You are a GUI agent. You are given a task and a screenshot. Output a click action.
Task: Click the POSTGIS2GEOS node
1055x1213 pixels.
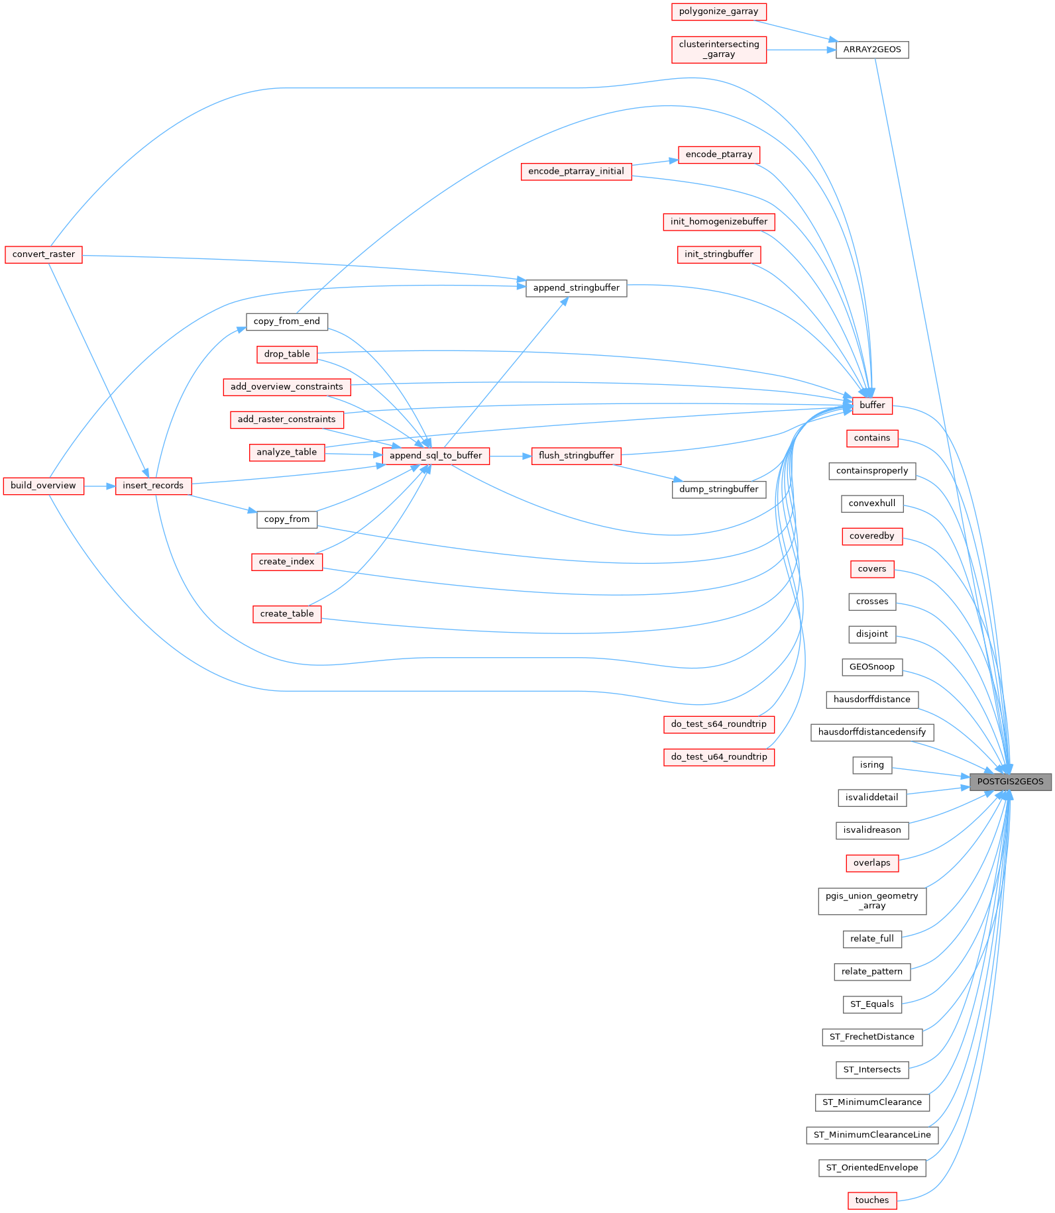[x=1011, y=782]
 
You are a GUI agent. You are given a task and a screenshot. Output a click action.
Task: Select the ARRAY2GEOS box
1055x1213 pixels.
[x=872, y=50]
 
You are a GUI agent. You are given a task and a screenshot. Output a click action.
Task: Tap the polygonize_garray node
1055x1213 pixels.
[x=719, y=11]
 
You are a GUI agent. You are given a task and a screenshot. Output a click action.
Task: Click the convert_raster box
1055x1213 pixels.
[x=44, y=254]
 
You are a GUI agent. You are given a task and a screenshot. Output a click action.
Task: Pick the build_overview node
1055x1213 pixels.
[x=44, y=486]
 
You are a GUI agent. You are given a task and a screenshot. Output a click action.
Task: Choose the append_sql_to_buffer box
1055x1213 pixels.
[x=436, y=456]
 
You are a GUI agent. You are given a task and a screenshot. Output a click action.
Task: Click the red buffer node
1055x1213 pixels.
[x=872, y=405]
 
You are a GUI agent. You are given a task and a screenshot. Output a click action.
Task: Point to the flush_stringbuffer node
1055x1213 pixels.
[x=577, y=456]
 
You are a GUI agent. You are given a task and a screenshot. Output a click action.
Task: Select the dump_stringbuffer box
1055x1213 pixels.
[x=719, y=490]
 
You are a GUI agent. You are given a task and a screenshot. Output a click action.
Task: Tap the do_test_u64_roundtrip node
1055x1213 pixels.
[x=719, y=757]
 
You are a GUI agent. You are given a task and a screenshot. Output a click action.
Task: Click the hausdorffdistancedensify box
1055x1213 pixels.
[x=872, y=733]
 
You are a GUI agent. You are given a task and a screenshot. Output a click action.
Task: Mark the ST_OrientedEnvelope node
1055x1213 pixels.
[x=872, y=1168]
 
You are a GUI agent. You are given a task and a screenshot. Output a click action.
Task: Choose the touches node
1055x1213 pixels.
[x=872, y=1200]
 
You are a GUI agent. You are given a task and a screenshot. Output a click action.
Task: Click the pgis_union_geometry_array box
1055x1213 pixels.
[x=872, y=901]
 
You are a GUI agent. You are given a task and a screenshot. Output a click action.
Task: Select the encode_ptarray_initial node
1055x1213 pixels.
[x=577, y=172]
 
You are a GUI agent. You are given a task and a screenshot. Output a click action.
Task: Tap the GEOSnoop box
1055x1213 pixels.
[x=872, y=667]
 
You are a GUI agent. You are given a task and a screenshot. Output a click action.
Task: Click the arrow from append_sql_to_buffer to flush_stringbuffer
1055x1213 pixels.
[x=510, y=456]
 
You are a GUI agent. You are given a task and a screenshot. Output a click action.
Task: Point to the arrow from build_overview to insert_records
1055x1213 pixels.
[x=99, y=486]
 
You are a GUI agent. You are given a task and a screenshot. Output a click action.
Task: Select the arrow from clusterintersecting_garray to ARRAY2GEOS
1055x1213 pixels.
[x=801, y=50]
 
